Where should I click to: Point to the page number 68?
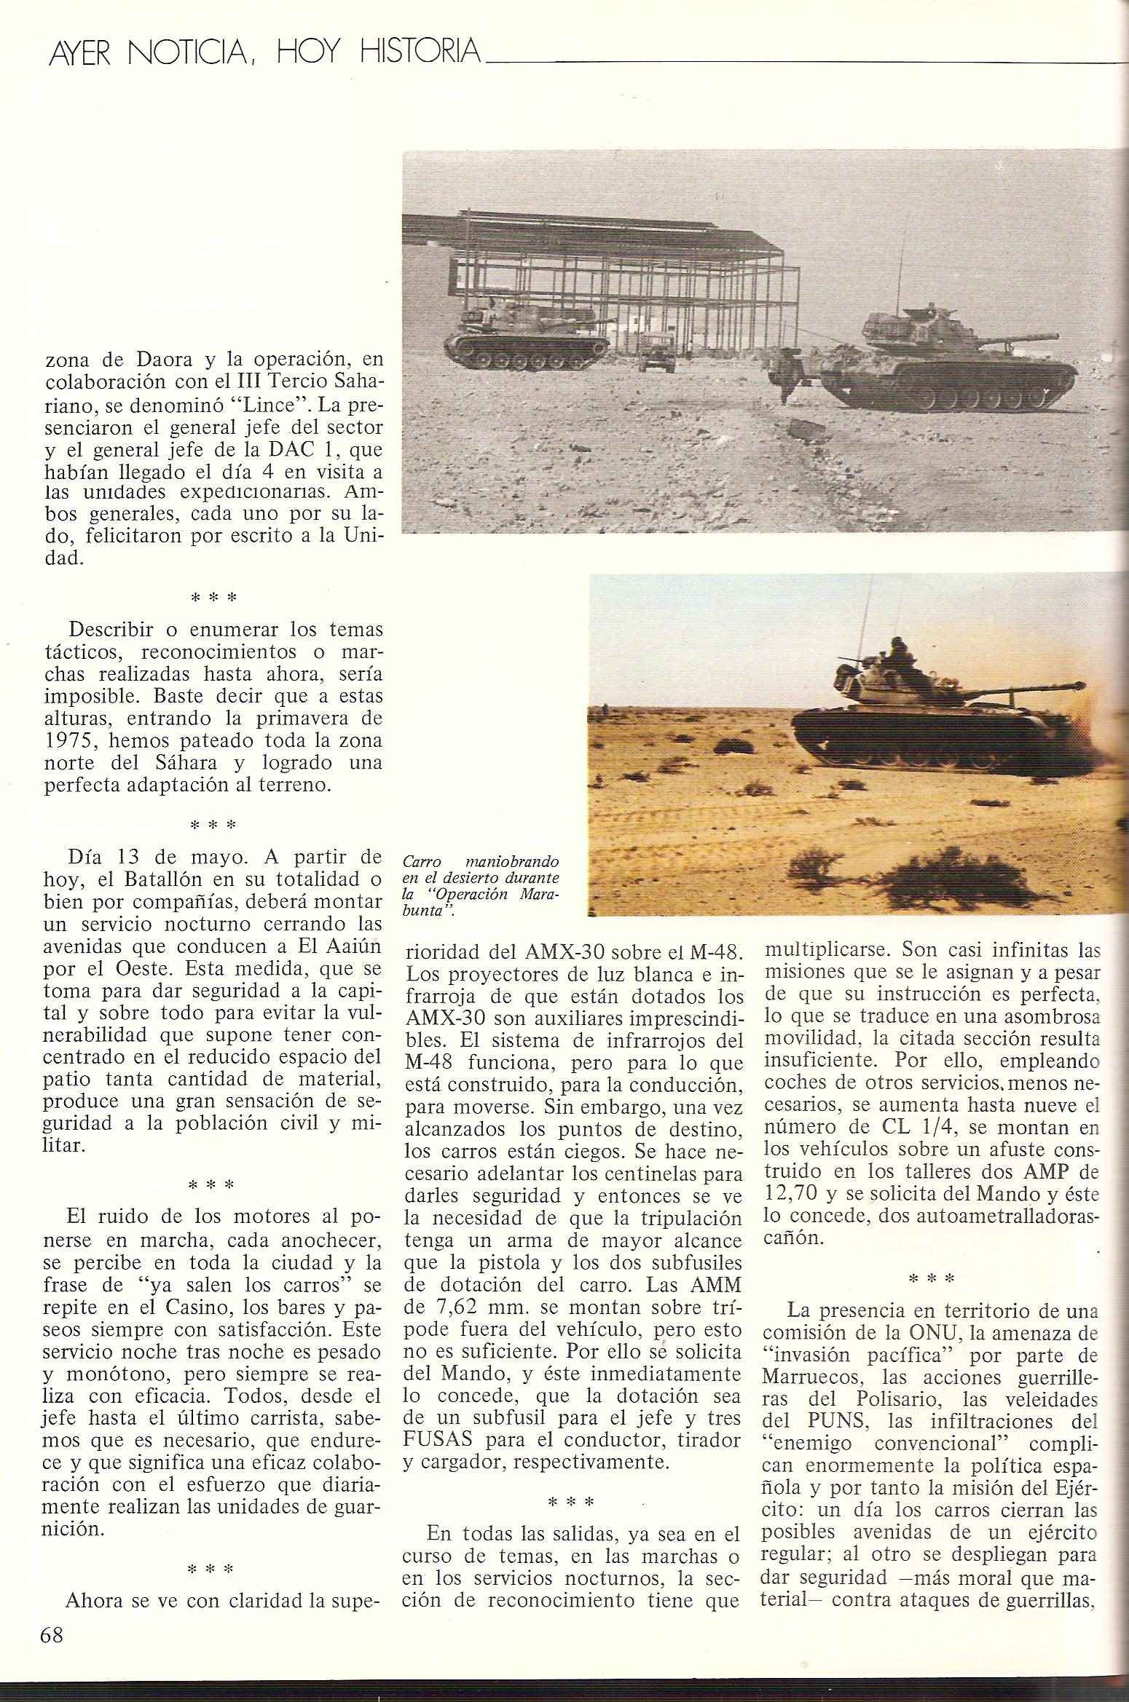[52, 1615]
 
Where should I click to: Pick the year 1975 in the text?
[71, 740]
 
